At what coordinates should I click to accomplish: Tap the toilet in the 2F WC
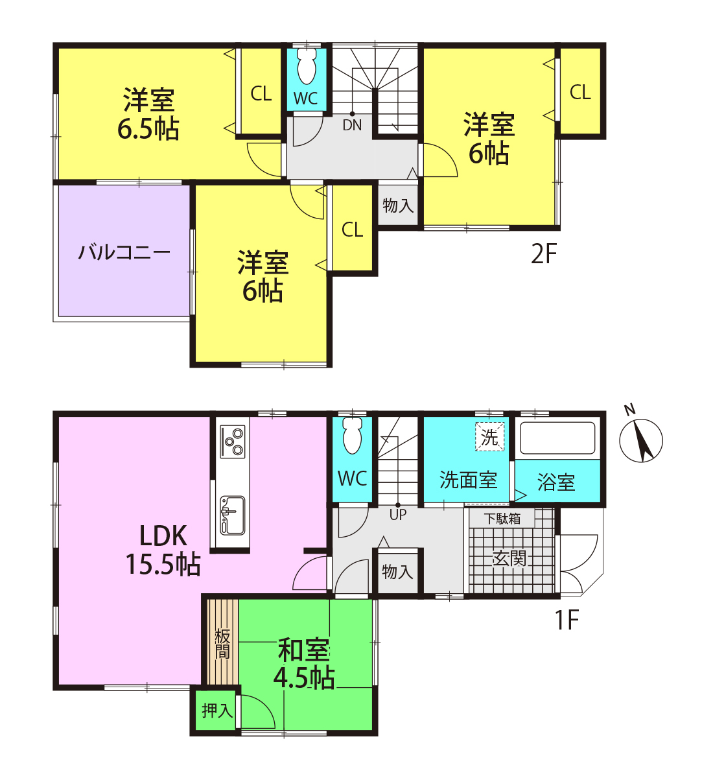(307, 66)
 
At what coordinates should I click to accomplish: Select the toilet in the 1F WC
(352, 435)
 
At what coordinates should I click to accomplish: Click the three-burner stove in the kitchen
(232, 442)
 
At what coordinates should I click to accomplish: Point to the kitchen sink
(232, 515)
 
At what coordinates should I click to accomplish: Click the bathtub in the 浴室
(557, 438)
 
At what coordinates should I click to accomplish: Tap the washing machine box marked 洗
(489, 437)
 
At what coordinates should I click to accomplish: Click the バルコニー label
(124, 252)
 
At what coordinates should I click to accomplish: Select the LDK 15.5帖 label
(163, 550)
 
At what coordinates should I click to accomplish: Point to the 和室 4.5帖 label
(304, 663)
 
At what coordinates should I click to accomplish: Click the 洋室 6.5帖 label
(148, 114)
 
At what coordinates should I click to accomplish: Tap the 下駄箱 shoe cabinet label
(502, 519)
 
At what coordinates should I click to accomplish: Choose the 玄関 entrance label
(509, 558)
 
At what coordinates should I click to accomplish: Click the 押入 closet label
(217, 711)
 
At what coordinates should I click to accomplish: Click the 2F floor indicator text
(544, 254)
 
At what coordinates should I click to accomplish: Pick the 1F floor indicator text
(567, 620)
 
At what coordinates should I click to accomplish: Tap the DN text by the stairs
(352, 125)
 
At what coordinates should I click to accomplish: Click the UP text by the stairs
(398, 515)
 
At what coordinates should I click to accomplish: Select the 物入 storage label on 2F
(398, 206)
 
